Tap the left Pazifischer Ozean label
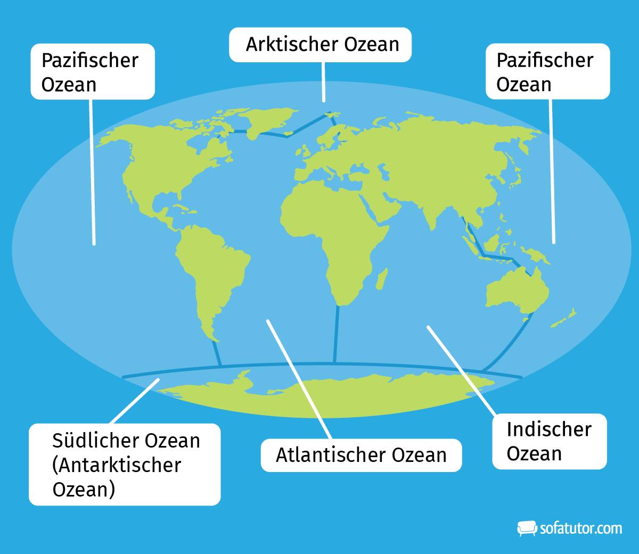[x=92, y=72]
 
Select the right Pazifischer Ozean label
[x=547, y=72]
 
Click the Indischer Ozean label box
[x=549, y=441]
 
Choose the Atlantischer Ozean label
[x=361, y=455]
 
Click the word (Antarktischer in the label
[x=117, y=465]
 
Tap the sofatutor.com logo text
[x=580, y=528]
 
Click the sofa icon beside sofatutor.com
[x=527, y=528]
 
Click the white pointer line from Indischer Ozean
[x=461, y=370]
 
